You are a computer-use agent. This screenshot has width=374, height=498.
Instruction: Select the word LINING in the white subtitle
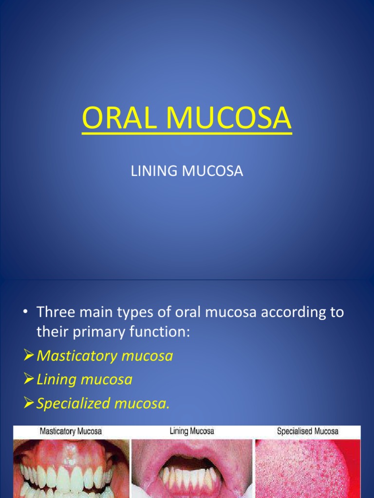coord(151,172)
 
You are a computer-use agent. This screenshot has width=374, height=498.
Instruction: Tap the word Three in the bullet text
coord(57,312)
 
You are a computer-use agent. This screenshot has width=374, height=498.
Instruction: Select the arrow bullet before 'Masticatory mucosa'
coord(29,356)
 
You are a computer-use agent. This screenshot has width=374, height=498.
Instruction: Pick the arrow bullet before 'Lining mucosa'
coord(29,380)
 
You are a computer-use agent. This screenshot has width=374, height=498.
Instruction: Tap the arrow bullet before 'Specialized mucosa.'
coord(29,403)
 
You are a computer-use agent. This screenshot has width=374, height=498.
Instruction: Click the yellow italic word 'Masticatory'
coord(77,356)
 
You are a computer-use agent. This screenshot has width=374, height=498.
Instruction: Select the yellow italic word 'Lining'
coord(57,380)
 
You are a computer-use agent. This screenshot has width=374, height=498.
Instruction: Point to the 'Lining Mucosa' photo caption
coord(191,431)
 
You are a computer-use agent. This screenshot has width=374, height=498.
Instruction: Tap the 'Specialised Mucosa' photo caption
coord(307,431)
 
